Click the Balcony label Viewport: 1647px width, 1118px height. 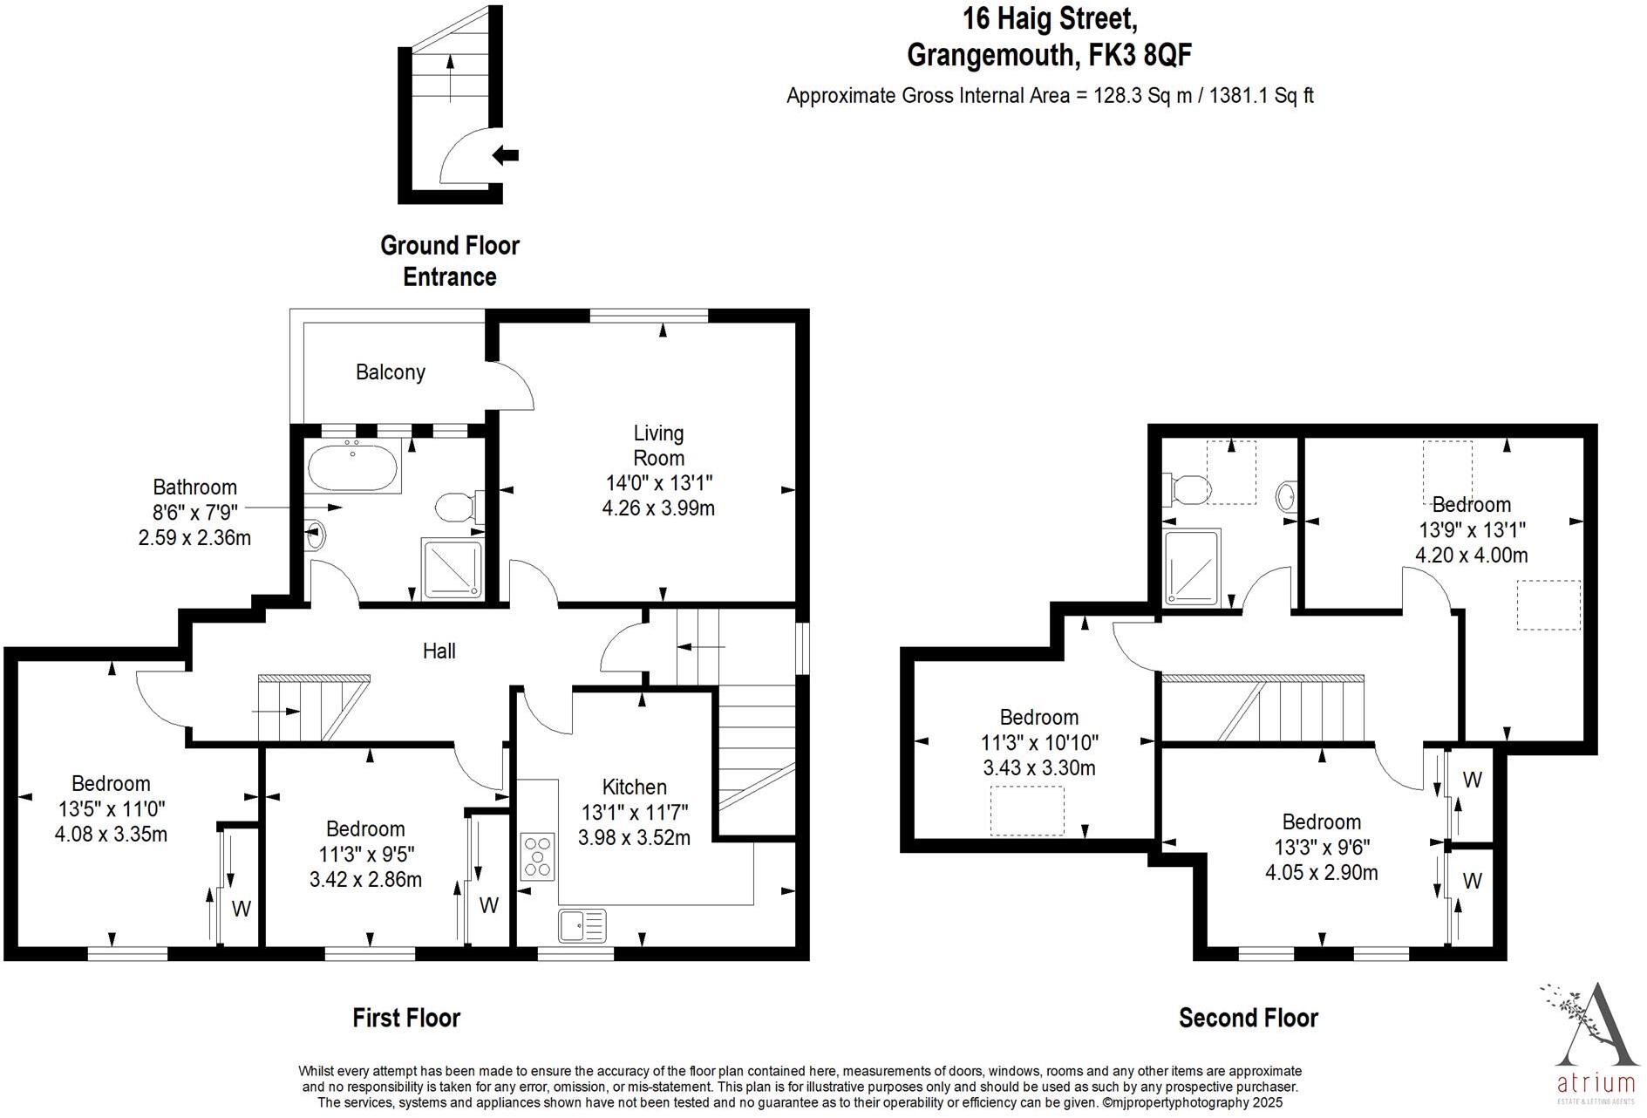(x=390, y=372)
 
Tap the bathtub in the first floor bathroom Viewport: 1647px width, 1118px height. (x=353, y=466)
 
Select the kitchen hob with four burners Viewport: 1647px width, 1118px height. (x=538, y=856)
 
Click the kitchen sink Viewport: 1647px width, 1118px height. (x=582, y=924)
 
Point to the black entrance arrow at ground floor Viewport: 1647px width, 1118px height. (x=505, y=156)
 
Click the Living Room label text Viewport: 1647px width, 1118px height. (x=658, y=445)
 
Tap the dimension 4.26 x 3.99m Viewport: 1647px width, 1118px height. (x=658, y=508)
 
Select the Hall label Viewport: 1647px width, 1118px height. (x=439, y=651)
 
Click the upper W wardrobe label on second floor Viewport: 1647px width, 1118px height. (x=1472, y=780)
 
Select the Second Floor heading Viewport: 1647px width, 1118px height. (x=1248, y=1018)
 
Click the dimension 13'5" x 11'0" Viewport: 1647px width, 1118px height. (x=111, y=808)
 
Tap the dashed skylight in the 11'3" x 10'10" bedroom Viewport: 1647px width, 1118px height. (x=1027, y=810)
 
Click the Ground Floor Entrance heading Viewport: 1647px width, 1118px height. (x=449, y=261)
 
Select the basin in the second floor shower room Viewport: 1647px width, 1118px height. (x=1286, y=498)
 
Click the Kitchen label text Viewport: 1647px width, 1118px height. (x=634, y=787)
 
